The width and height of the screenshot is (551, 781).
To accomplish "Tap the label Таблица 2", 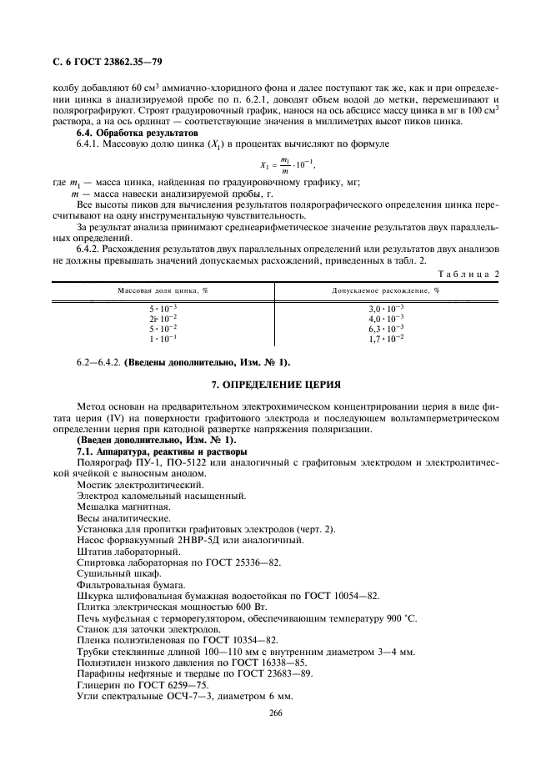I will pos(472,273).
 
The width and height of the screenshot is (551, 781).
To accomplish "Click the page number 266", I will pos(275,713).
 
